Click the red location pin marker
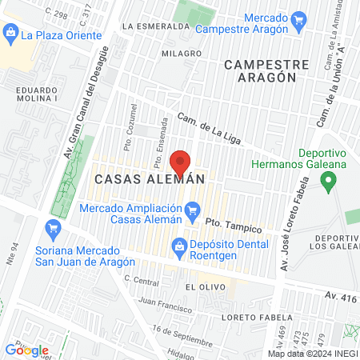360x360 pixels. tap(181, 163)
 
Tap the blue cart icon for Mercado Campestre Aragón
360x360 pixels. tap(299, 18)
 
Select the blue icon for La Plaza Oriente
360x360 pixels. tap(11, 34)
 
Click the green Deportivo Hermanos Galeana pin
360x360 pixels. tap(327, 182)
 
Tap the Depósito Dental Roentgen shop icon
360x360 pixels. tap(178, 245)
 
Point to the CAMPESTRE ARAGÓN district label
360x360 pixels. tap(261, 70)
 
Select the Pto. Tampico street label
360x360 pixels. tap(223, 220)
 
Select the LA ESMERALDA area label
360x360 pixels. tap(157, 26)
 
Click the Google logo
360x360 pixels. tap(26, 350)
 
